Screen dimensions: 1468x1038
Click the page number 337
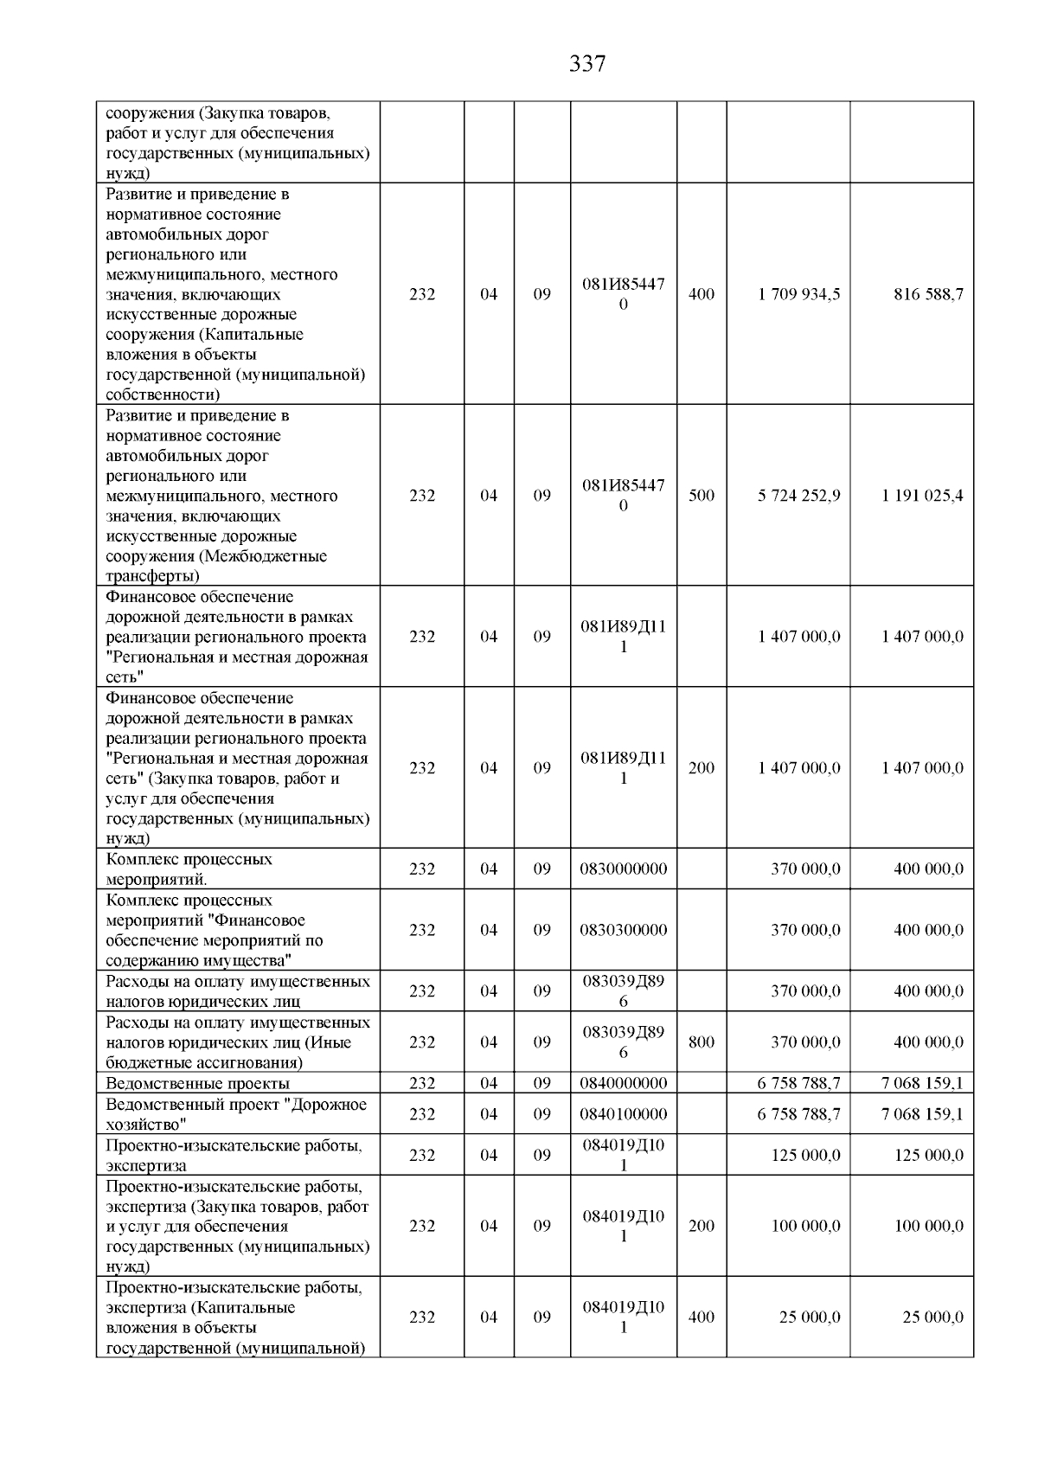point(587,64)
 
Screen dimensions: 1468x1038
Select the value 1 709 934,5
point(798,294)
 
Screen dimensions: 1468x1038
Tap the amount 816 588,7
point(928,294)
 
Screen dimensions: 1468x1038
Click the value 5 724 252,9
point(798,496)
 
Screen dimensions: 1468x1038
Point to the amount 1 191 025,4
point(922,496)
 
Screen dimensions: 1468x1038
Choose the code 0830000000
point(624,869)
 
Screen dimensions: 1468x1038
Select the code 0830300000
point(624,930)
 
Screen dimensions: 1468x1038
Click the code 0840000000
point(624,1083)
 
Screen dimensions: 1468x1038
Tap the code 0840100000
point(624,1114)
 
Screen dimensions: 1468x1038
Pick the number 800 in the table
point(702,1042)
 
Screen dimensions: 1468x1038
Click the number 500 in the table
point(702,496)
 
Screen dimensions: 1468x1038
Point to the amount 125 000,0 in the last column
point(928,1155)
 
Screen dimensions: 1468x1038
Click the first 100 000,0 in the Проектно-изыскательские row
point(805,1226)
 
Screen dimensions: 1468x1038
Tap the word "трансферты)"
point(153,576)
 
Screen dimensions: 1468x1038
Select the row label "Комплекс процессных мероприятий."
point(189,869)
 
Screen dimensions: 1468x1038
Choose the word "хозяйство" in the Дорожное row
point(143,1125)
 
